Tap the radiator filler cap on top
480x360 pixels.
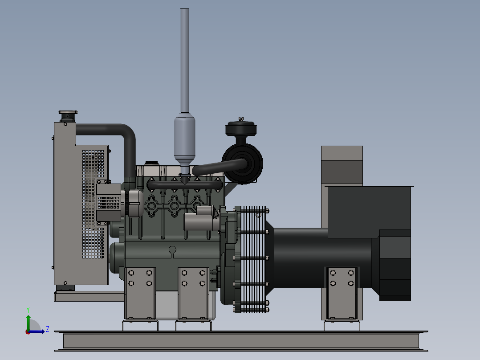click(68, 112)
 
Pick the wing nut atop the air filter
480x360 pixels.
click(241, 119)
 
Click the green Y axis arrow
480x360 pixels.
click(28, 320)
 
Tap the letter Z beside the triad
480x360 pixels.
click(47, 330)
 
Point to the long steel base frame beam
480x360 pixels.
click(240, 341)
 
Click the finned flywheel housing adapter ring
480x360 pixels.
click(252, 258)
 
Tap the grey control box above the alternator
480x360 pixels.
click(342, 165)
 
